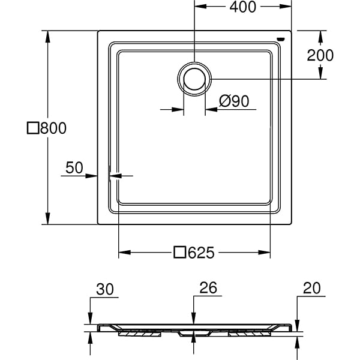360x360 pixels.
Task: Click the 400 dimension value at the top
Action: click(242, 7)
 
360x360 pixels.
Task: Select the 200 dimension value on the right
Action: click(320, 55)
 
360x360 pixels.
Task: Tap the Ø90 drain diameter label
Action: click(233, 101)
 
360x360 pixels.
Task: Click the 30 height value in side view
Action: click(104, 289)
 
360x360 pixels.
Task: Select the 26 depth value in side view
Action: click(207, 289)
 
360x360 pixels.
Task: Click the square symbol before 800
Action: click(34, 128)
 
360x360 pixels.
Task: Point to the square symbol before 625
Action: click(179, 253)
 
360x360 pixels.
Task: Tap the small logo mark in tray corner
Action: click(280, 39)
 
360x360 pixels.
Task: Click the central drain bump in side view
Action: click(193, 332)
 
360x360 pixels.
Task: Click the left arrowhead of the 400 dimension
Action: click(199, 7)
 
